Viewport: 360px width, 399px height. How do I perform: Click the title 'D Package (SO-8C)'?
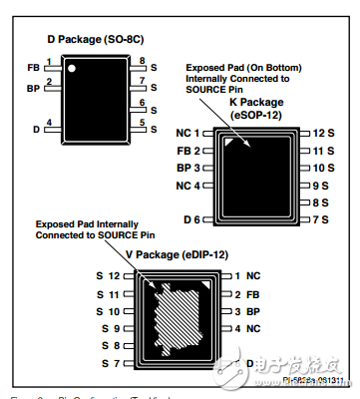(96, 39)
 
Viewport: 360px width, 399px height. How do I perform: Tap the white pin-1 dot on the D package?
(73, 68)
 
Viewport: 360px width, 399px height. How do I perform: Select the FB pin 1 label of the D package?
(34, 68)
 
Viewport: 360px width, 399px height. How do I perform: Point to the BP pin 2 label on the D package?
(34, 88)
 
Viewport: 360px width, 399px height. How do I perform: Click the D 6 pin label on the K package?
(193, 219)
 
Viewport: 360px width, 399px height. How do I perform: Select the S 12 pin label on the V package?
(109, 275)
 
